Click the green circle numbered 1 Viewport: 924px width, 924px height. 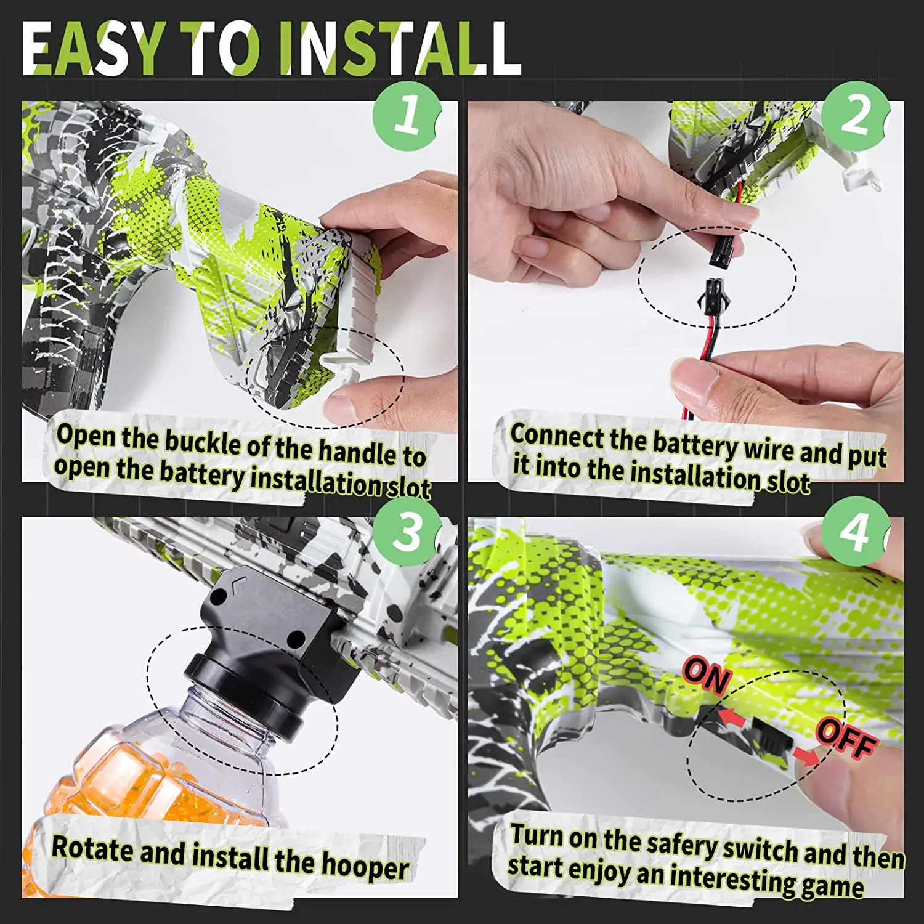click(x=408, y=115)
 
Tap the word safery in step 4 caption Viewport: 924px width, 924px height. click(x=680, y=844)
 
